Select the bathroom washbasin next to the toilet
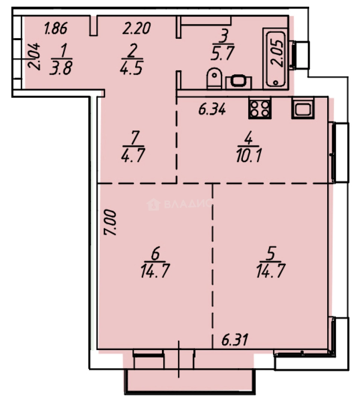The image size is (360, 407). click(238, 81)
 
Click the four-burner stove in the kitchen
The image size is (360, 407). click(259, 108)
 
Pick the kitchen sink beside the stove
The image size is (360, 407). click(302, 108)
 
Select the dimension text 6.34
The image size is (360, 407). click(212, 110)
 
